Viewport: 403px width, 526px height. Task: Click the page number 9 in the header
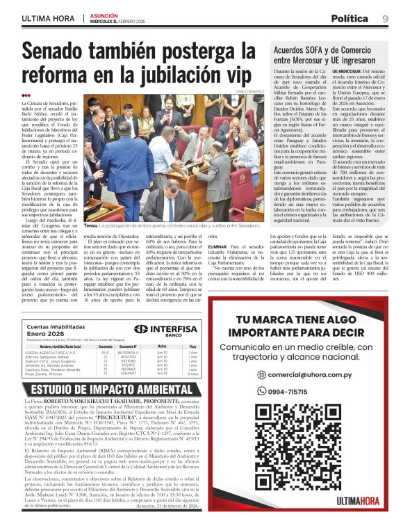pyautogui.click(x=386, y=18)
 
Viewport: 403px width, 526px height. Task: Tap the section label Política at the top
pyautogui.click(x=350, y=18)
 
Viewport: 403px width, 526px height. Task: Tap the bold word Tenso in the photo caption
pyautogui.click(x=90, y=226)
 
